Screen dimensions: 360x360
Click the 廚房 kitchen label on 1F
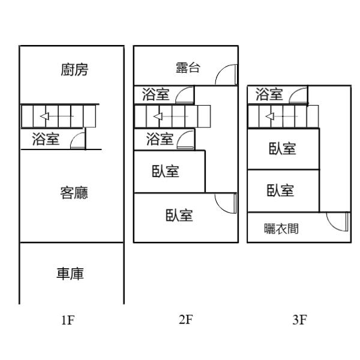[74, 70]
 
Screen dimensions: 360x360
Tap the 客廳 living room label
[74, 193]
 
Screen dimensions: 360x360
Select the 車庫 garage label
[70, 274]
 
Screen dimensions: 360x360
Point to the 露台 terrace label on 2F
[188, 67]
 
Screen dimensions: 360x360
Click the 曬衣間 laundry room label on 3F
[282, 229]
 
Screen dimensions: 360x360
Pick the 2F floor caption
[185, 320]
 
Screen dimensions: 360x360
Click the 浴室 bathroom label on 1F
[45, 140]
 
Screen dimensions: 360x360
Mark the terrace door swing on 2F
[226, 74]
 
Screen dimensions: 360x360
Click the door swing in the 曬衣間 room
[337, 222]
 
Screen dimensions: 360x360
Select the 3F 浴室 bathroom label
[269, 94]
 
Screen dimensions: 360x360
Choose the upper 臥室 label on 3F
[282, 148]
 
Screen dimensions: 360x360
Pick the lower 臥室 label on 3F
[280, 190]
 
